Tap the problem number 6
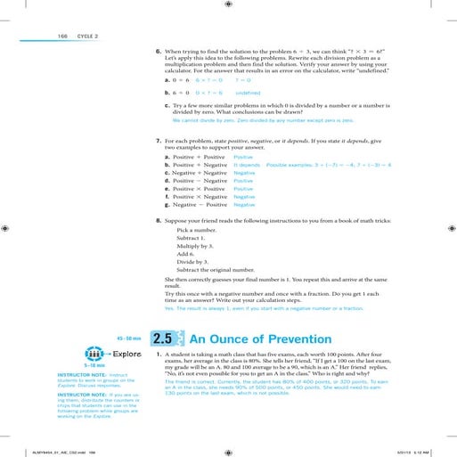pos(158,51)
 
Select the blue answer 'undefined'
pos(248,91)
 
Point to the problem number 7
pos(158,142)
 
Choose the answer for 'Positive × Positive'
pos(243,189)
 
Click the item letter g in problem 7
pos(167,204)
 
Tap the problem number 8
pos(158,219)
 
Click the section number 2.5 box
pos(166,339)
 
